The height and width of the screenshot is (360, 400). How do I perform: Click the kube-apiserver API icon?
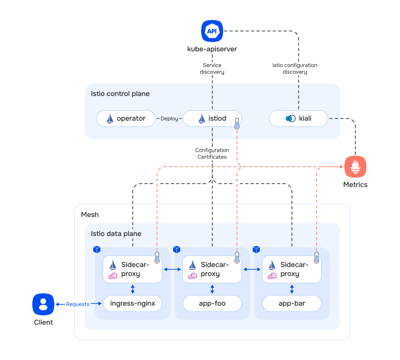(x=212, y=31)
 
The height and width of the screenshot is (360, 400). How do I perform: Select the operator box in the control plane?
(x=126, y=118)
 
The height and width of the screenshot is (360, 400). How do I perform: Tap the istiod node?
(x=212, y=118)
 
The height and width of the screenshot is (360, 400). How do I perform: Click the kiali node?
(x=298, y=118)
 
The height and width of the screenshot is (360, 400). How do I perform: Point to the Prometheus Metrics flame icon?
(x=355, y=167)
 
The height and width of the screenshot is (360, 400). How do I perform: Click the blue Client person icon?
(x=43, y=304)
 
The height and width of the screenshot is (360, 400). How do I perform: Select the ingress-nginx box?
(x=133, y=303)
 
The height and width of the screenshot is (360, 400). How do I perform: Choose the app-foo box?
(x=212, y=303)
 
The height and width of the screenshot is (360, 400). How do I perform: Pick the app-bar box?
(x=292, y=303)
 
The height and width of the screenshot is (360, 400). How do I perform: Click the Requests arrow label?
(x=78, y=304)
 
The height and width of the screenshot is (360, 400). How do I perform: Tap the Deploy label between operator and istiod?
(x=169, y=119)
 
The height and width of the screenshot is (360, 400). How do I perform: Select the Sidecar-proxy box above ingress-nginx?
(x=133, y=269)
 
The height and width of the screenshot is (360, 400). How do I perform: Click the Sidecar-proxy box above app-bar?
(x=292, y=269)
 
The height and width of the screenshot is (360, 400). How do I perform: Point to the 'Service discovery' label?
(x=212, y=69)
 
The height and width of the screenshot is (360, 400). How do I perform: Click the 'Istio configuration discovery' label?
(x=295, y=69)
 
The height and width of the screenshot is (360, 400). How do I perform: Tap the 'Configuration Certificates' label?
(x=212, y=154)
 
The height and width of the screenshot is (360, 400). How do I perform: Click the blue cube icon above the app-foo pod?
(x=177, y=249)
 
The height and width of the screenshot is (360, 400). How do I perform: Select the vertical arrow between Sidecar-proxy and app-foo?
(x=212, y=289)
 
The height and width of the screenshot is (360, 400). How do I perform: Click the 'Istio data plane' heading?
(x=116, y=234)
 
